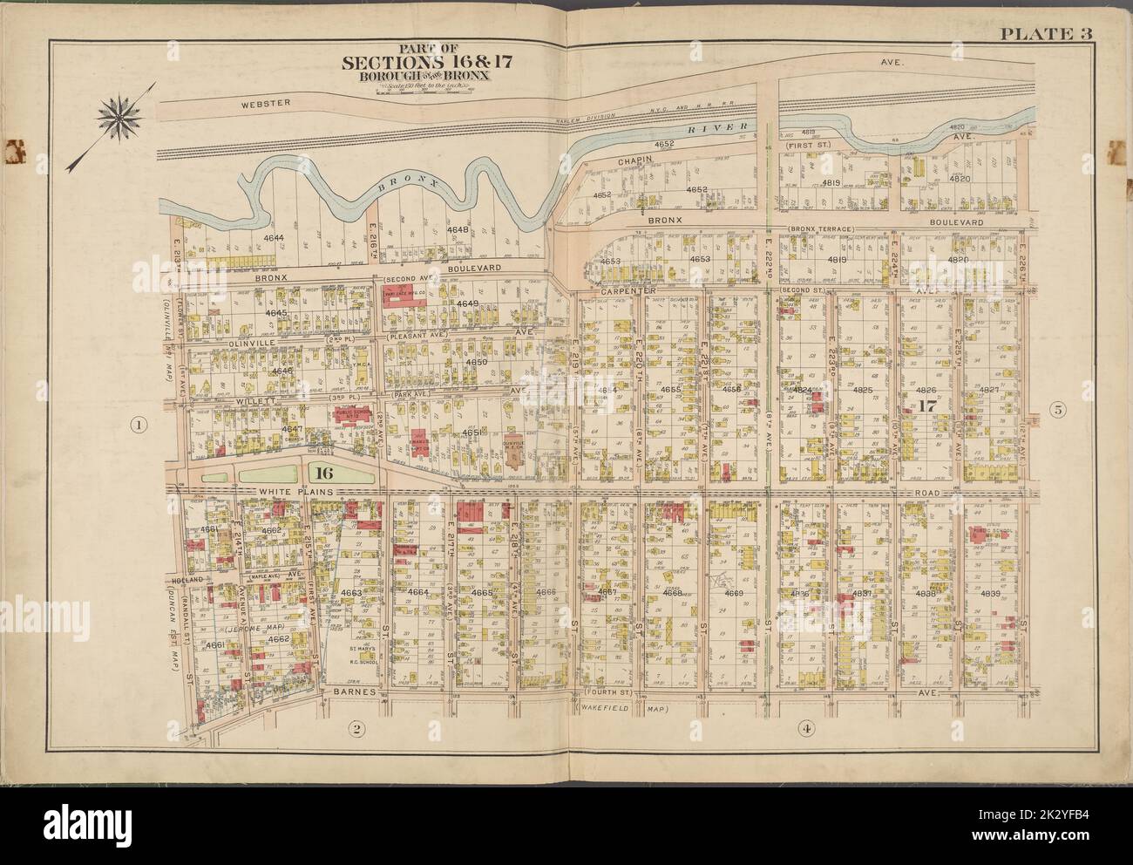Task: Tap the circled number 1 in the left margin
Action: click(x=137, y=426)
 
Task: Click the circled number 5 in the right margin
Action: click(x=1057, y=411)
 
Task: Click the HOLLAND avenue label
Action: click(x=181, y=577)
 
